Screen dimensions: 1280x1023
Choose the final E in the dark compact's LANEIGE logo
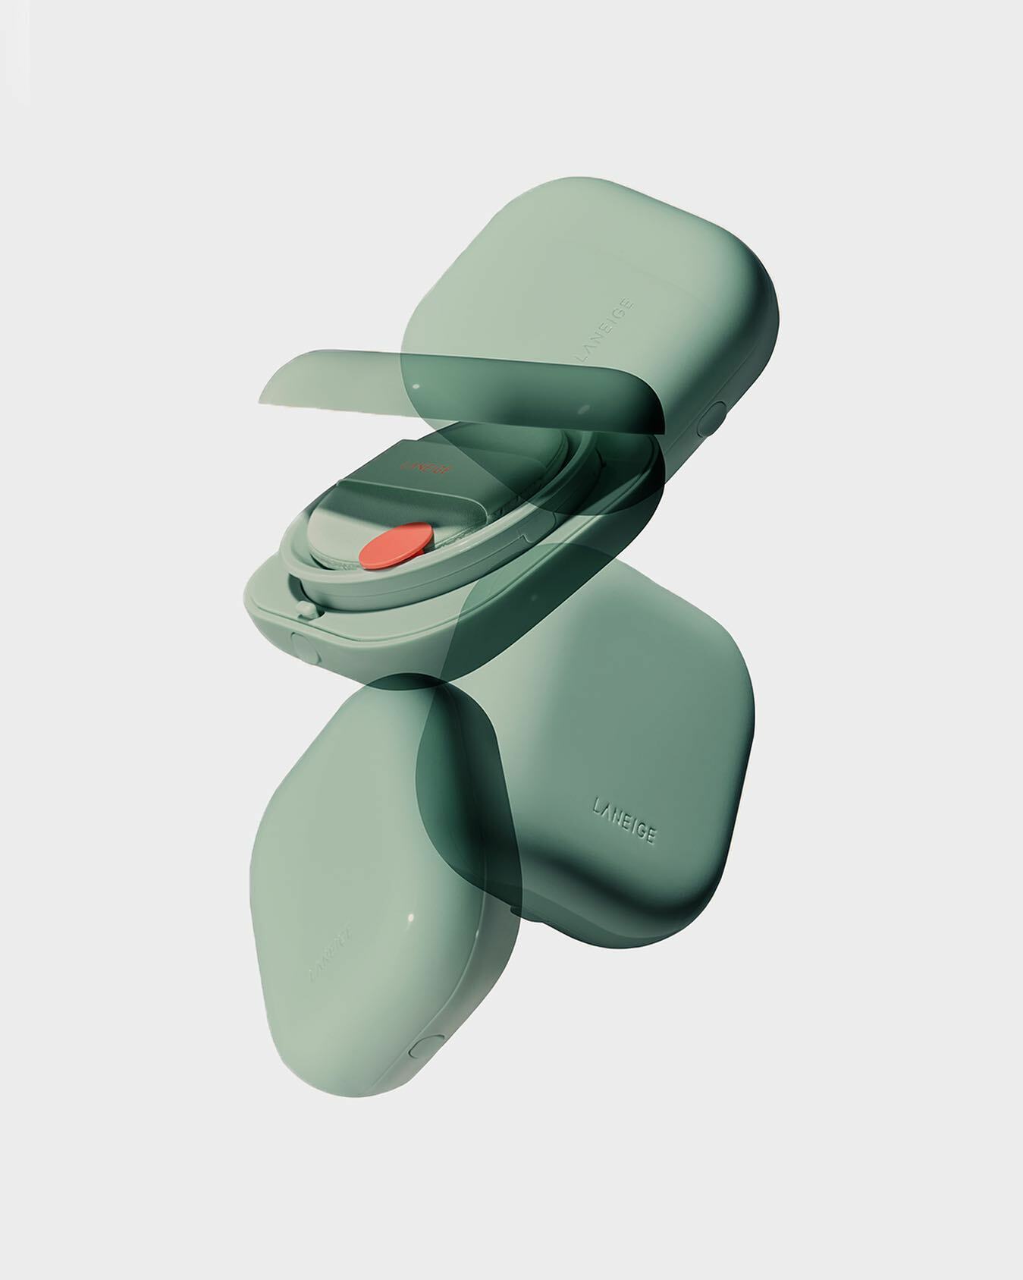(x=652, y=836)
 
